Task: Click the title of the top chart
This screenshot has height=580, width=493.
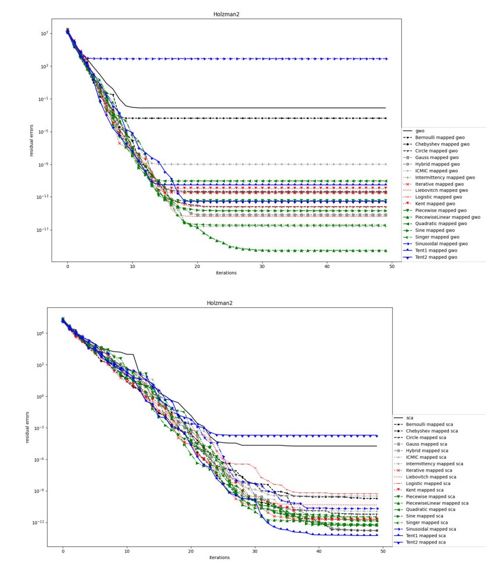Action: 226,14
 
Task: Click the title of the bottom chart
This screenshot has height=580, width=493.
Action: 220,303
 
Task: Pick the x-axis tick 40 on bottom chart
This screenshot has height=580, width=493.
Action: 318,551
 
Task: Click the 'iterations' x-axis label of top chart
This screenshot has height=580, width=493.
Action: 226,273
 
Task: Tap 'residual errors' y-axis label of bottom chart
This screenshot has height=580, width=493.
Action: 27,427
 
